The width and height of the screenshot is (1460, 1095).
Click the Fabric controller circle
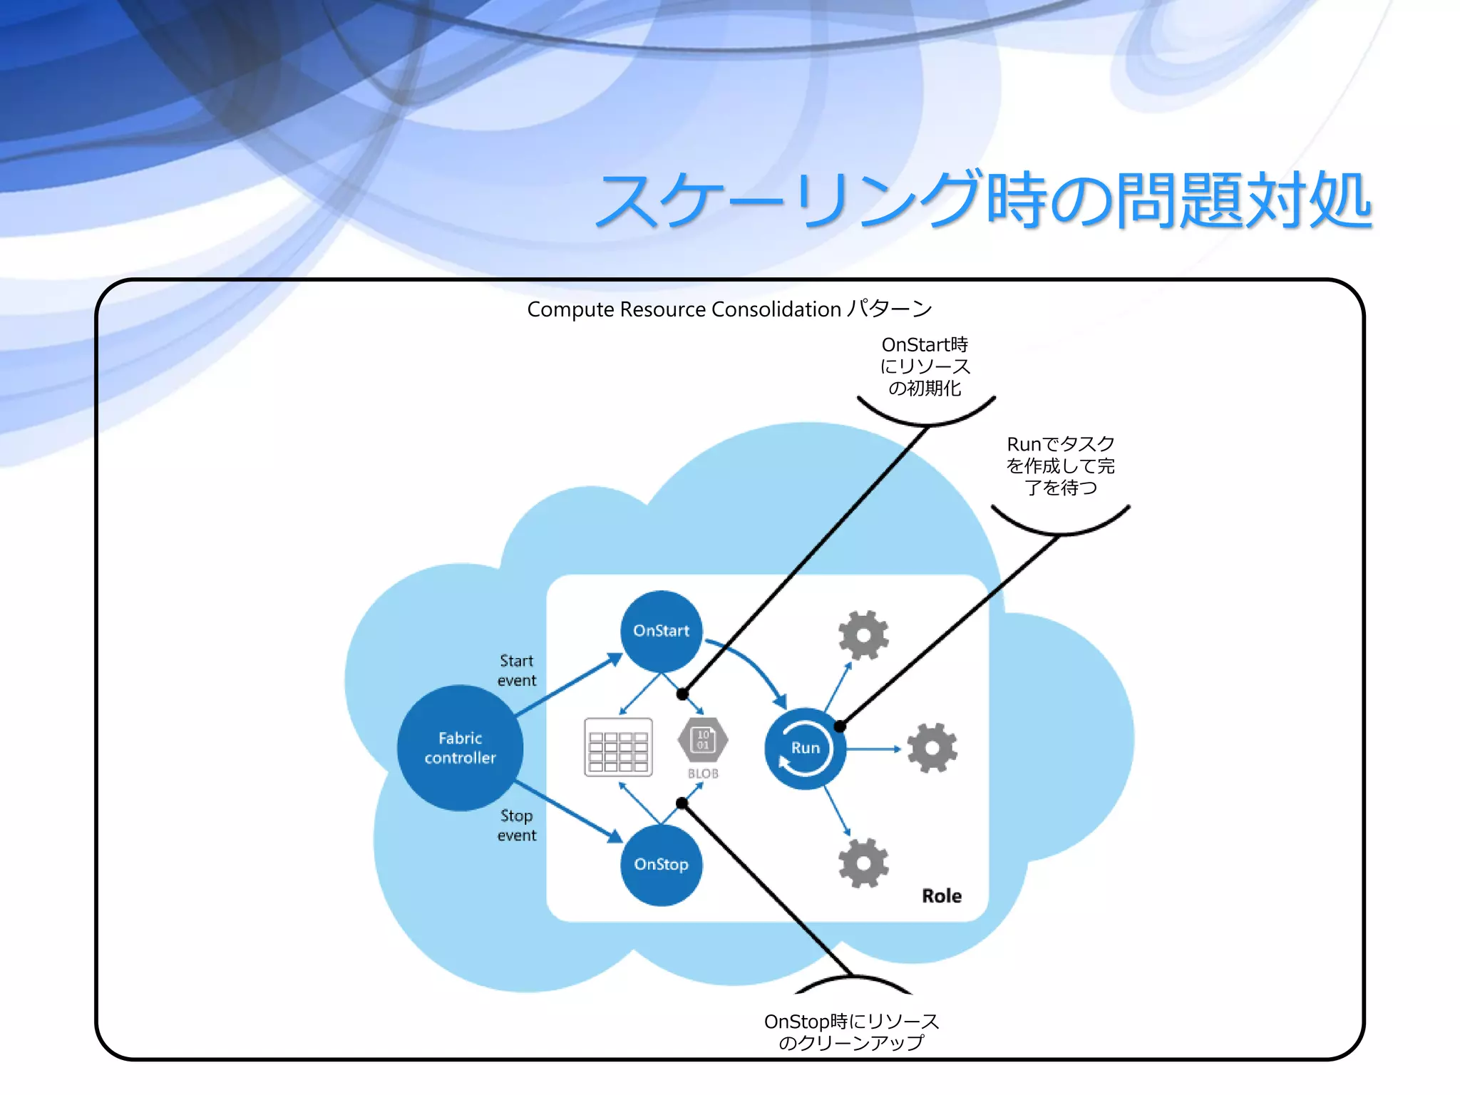(460, 748)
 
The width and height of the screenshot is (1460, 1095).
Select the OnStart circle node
(662, 631)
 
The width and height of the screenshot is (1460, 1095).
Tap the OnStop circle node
(662, 864)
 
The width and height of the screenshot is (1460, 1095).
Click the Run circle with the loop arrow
(805, 748)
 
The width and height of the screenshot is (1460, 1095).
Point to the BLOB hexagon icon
(703, 740)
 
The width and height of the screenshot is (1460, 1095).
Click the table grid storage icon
(618, 747)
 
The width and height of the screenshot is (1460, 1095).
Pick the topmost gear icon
(863, 634)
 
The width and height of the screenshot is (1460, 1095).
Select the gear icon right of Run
(932, 748)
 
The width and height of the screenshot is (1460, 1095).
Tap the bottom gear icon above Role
(863, 863)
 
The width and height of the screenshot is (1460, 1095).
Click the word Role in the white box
(942, 896)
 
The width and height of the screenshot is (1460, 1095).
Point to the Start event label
(516, 671)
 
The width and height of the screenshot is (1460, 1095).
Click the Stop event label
(516, 826)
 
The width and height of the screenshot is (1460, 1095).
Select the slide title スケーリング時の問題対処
(984, 200)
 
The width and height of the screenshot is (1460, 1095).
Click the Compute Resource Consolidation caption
(729, 309)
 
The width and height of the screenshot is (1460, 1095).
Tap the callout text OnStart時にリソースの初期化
(925, 366)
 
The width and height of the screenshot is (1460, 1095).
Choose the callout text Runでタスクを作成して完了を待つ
(1060, 466)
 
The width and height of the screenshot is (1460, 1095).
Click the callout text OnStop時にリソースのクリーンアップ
(851, 1032)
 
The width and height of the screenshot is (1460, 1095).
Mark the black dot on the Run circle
(840, 726)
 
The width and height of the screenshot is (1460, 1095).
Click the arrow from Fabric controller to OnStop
(567, 811)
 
